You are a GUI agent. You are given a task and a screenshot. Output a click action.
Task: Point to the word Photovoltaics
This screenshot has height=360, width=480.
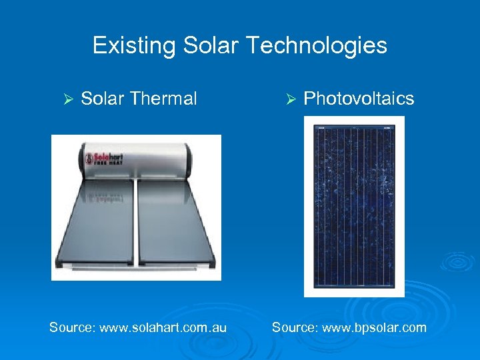pyautogui.click(x=359, y=99)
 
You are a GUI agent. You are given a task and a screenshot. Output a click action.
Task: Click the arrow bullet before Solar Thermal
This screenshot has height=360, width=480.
pyautogui.click(x=65, y=99)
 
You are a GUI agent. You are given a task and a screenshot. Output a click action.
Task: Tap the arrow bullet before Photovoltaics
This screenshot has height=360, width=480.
pyautogui.click(x=289, y=99)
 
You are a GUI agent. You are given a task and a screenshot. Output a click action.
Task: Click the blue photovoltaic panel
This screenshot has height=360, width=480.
pyautogui.click(x=354, y=207)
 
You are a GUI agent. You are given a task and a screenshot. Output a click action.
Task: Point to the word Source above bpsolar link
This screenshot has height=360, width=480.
pyautogui.click(x=295, y=327)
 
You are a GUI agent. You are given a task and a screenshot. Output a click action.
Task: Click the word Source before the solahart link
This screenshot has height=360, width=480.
pyautogui.click(x=72, y=327)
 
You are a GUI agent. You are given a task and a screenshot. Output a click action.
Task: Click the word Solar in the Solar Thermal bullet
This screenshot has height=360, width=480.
pyautogui.click(x=102, y=99)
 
